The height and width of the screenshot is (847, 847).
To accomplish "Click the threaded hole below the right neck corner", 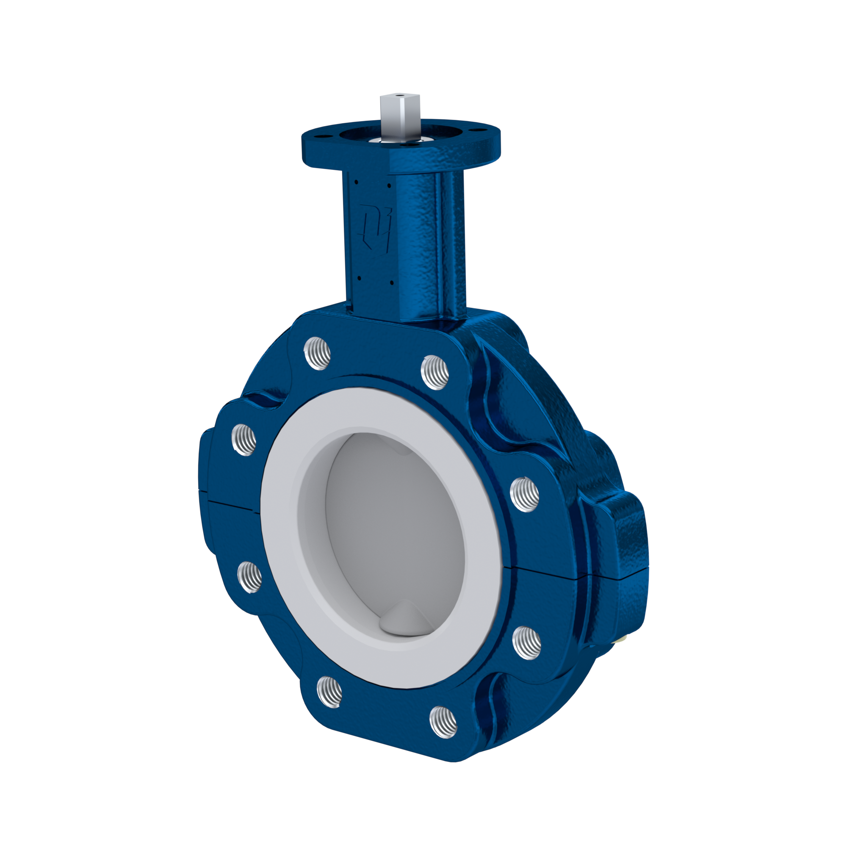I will point(435,372).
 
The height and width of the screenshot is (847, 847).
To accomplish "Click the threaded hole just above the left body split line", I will point(244,440).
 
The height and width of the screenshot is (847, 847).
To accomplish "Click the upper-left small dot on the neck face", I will point(357,182).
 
